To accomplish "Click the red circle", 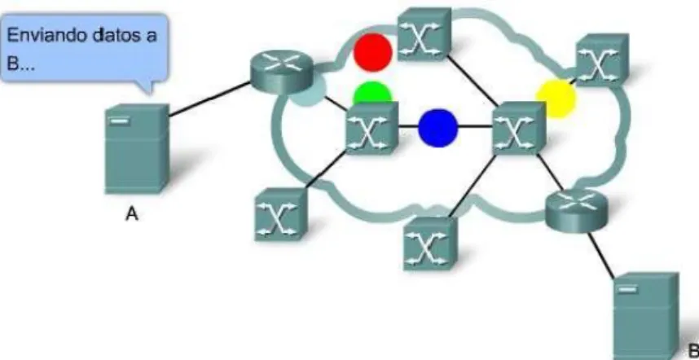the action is (372, 52).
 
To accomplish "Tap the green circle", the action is (372, 93).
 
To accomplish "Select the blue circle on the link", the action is (437, 127).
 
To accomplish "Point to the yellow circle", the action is (556, 99).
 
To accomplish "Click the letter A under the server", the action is (131, 215).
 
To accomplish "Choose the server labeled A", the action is (137, 149).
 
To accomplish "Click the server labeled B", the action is (646, 315).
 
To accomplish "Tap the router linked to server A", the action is (280, 72).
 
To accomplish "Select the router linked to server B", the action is (576, 209).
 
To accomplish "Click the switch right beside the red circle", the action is (424, 34).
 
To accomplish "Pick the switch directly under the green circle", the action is (371, 129).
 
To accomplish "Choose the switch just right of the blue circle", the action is (519, 129).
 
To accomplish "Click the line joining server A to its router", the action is (209, 99).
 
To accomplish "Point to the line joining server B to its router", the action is (601, 254).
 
